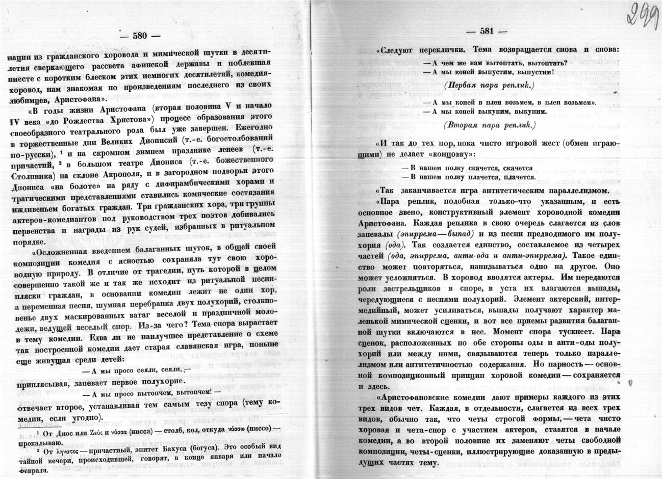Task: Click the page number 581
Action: click(x=487, y=31)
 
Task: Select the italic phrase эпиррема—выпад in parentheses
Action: click(x=437, y=234)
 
